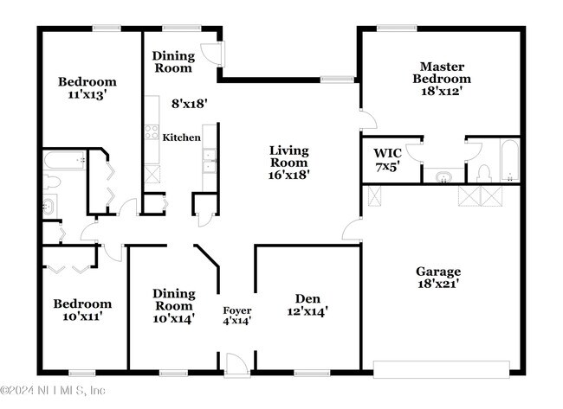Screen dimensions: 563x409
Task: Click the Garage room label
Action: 438,272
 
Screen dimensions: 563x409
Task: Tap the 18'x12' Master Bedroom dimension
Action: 441,91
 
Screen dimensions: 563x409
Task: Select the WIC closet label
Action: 387,153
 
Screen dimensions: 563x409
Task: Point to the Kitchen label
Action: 181,137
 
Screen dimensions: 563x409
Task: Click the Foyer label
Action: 237,310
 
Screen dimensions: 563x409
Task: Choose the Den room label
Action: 307,298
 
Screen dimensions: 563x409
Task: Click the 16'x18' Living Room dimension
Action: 289,175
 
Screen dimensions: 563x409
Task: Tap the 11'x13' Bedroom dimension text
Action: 87,94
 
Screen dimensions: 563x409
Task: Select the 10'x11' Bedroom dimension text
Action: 82,316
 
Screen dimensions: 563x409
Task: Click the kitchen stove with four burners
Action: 152,131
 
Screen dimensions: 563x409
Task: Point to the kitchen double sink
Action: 209,161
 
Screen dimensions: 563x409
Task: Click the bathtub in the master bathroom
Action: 509,160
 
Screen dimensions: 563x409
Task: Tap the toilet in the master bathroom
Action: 484,174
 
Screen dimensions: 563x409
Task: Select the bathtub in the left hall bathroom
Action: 65,160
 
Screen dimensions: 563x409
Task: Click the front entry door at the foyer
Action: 237,364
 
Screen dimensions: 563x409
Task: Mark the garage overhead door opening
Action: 441,369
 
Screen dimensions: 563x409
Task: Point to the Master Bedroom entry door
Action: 368,118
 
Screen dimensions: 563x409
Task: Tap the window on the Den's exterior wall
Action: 312,374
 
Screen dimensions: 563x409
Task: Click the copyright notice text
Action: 53,390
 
